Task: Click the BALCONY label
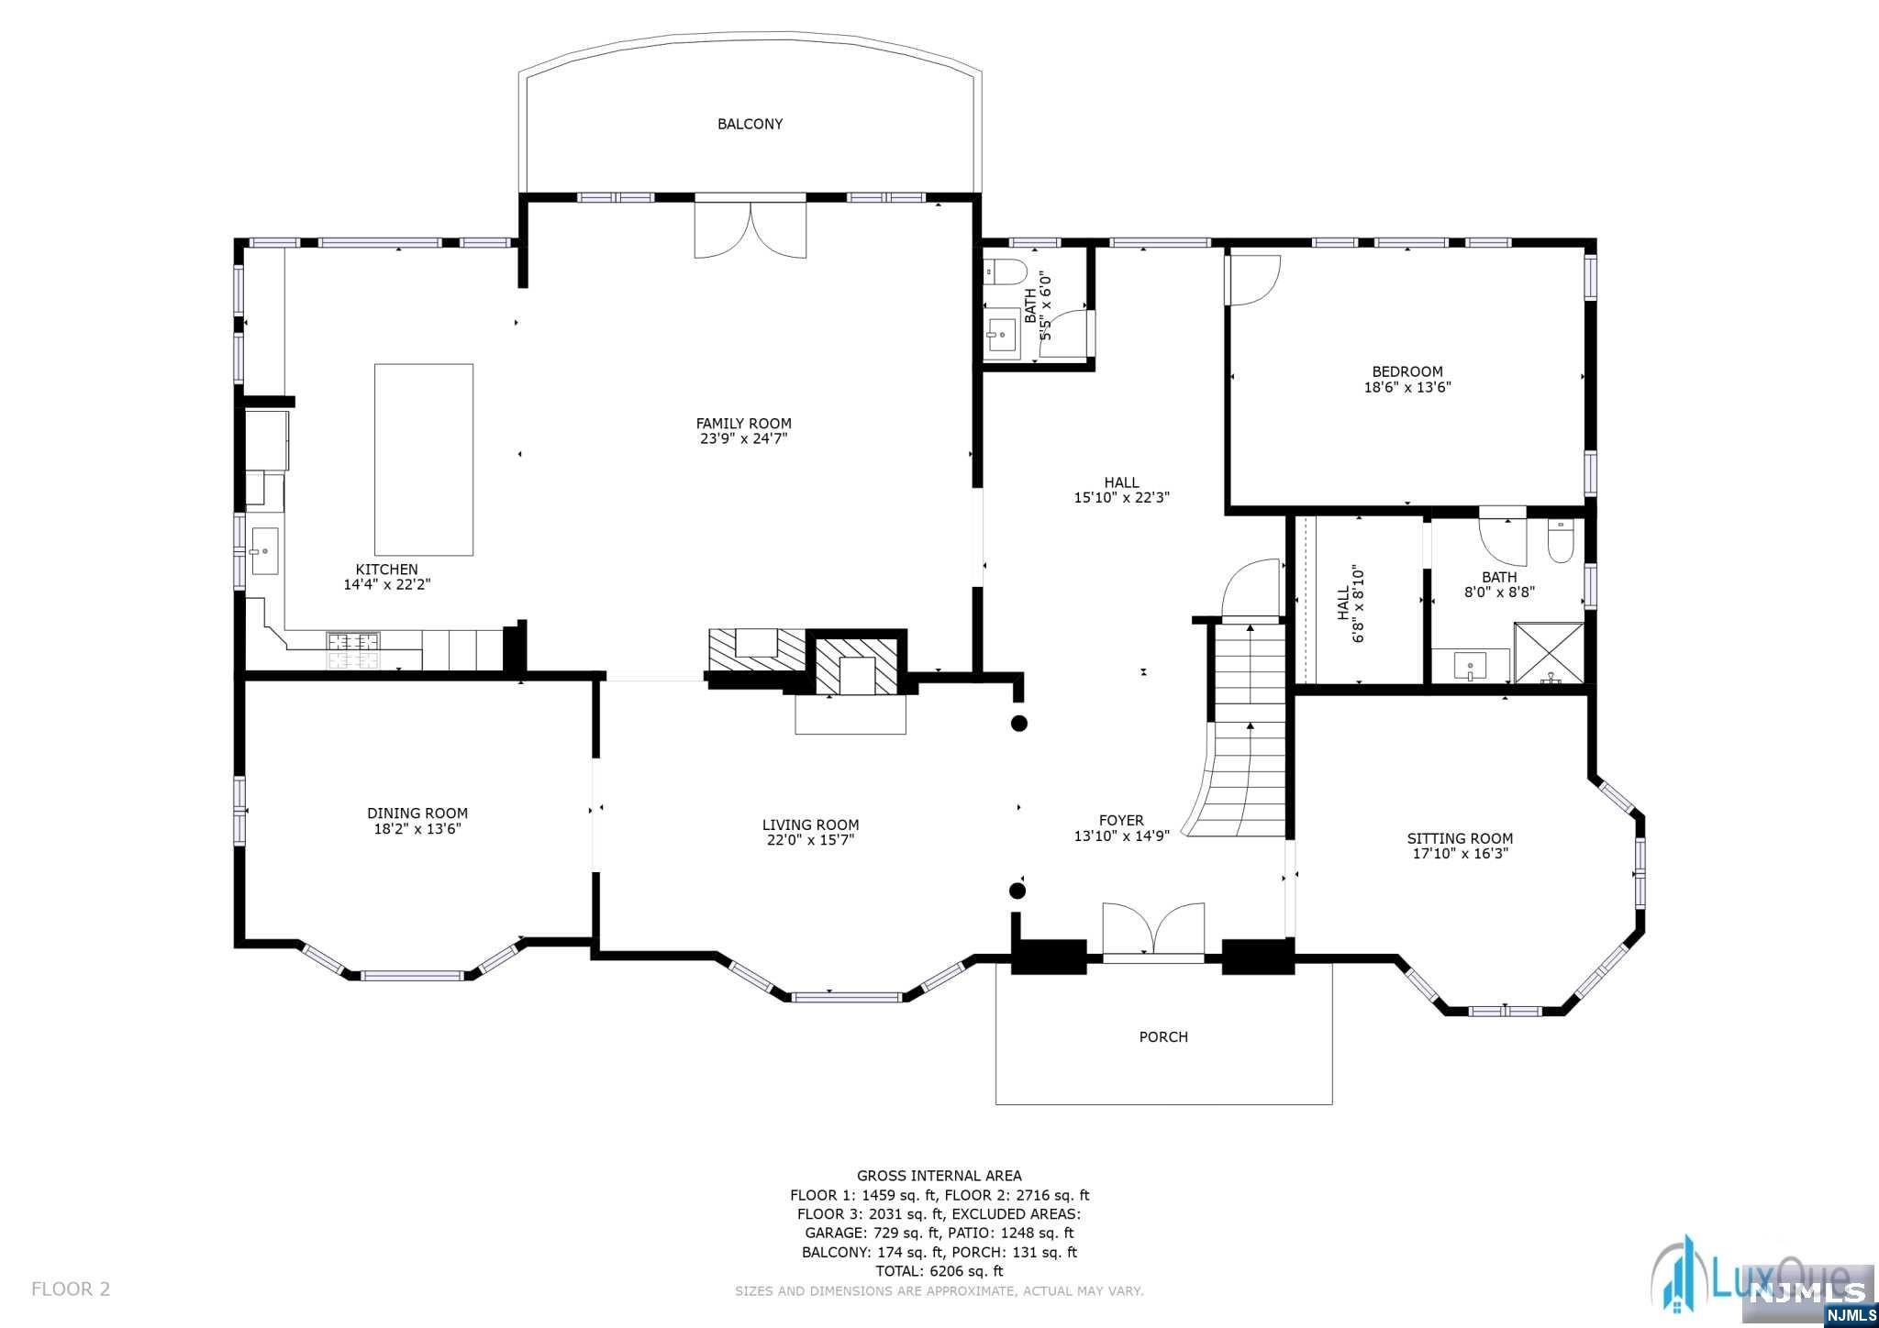tap(750, 124)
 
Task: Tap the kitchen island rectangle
tap(424, 459)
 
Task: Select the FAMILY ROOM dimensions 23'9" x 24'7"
tap(743, 438)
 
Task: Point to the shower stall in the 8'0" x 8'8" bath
tap(1549, 653)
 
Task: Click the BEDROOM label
tap(1407, 371)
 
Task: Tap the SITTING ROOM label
tap(1460, 838)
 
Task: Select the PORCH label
tap(1163, 1036)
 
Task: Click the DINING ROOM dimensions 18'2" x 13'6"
tap(417, 829)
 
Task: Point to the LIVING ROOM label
tap(810, 824)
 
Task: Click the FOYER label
tap(1121, 821)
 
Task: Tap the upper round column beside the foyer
tap(1018, 724)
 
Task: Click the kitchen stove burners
tap(354, 651)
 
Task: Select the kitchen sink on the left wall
tap(264, 551)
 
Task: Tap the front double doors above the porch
tap(1153, 931)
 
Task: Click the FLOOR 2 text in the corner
tap(71, 1289)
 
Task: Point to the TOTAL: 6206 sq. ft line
tap(939, 1271)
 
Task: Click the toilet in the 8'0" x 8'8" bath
tap(1561, 542)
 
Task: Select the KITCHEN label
tap(386, 570)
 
